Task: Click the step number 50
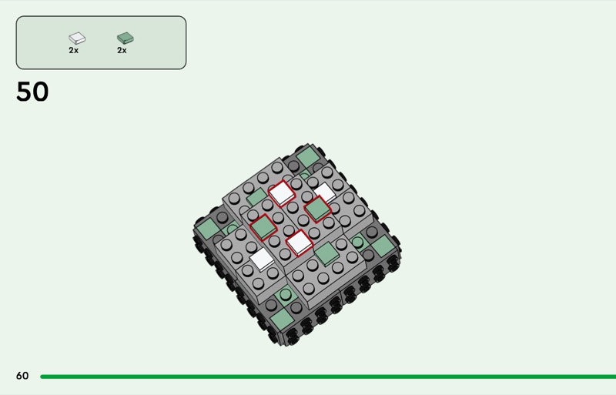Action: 32,92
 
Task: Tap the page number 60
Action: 22,376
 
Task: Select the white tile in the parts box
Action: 77,38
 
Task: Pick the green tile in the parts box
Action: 126,38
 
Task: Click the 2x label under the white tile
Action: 73,50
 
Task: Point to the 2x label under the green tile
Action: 122,50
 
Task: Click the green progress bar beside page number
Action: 328,377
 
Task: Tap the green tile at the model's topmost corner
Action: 308,158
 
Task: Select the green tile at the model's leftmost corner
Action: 208,229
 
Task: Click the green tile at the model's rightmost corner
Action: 383,246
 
